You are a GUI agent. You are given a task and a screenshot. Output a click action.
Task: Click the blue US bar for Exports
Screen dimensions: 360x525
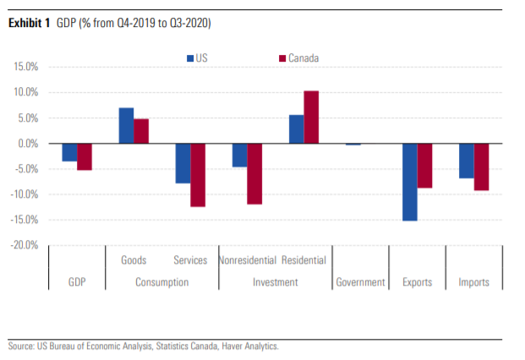409,182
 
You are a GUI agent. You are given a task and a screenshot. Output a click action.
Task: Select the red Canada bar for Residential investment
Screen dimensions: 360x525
311,117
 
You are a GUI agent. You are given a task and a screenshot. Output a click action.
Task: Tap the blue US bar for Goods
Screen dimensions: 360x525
126,126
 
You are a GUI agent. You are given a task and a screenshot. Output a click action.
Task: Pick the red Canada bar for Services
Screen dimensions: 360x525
198,175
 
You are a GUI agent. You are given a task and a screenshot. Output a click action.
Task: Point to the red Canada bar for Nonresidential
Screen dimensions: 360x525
254,173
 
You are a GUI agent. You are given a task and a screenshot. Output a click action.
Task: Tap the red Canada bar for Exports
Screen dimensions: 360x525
424,166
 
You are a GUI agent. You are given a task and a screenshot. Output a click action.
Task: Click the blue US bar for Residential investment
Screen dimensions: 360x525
296,129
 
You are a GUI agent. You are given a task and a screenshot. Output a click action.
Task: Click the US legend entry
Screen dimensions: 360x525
200,58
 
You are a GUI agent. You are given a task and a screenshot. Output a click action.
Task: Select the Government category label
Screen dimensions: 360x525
360,282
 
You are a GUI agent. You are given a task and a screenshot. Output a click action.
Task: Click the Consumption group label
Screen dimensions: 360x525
161,282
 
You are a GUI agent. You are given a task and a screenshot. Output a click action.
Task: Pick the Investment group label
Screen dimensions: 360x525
275,282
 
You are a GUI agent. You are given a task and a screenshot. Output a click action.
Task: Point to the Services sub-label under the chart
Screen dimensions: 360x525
190,260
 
